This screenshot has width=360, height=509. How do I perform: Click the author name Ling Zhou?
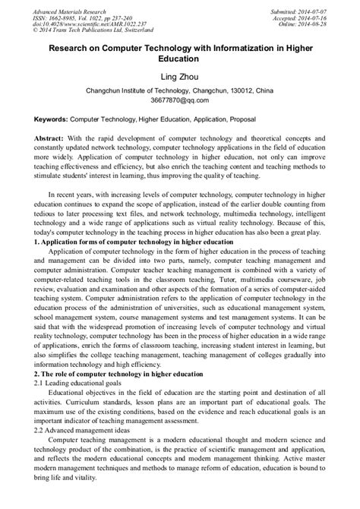[x=179, y=77]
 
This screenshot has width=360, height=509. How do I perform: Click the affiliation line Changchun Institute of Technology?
[x=179, y=90]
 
